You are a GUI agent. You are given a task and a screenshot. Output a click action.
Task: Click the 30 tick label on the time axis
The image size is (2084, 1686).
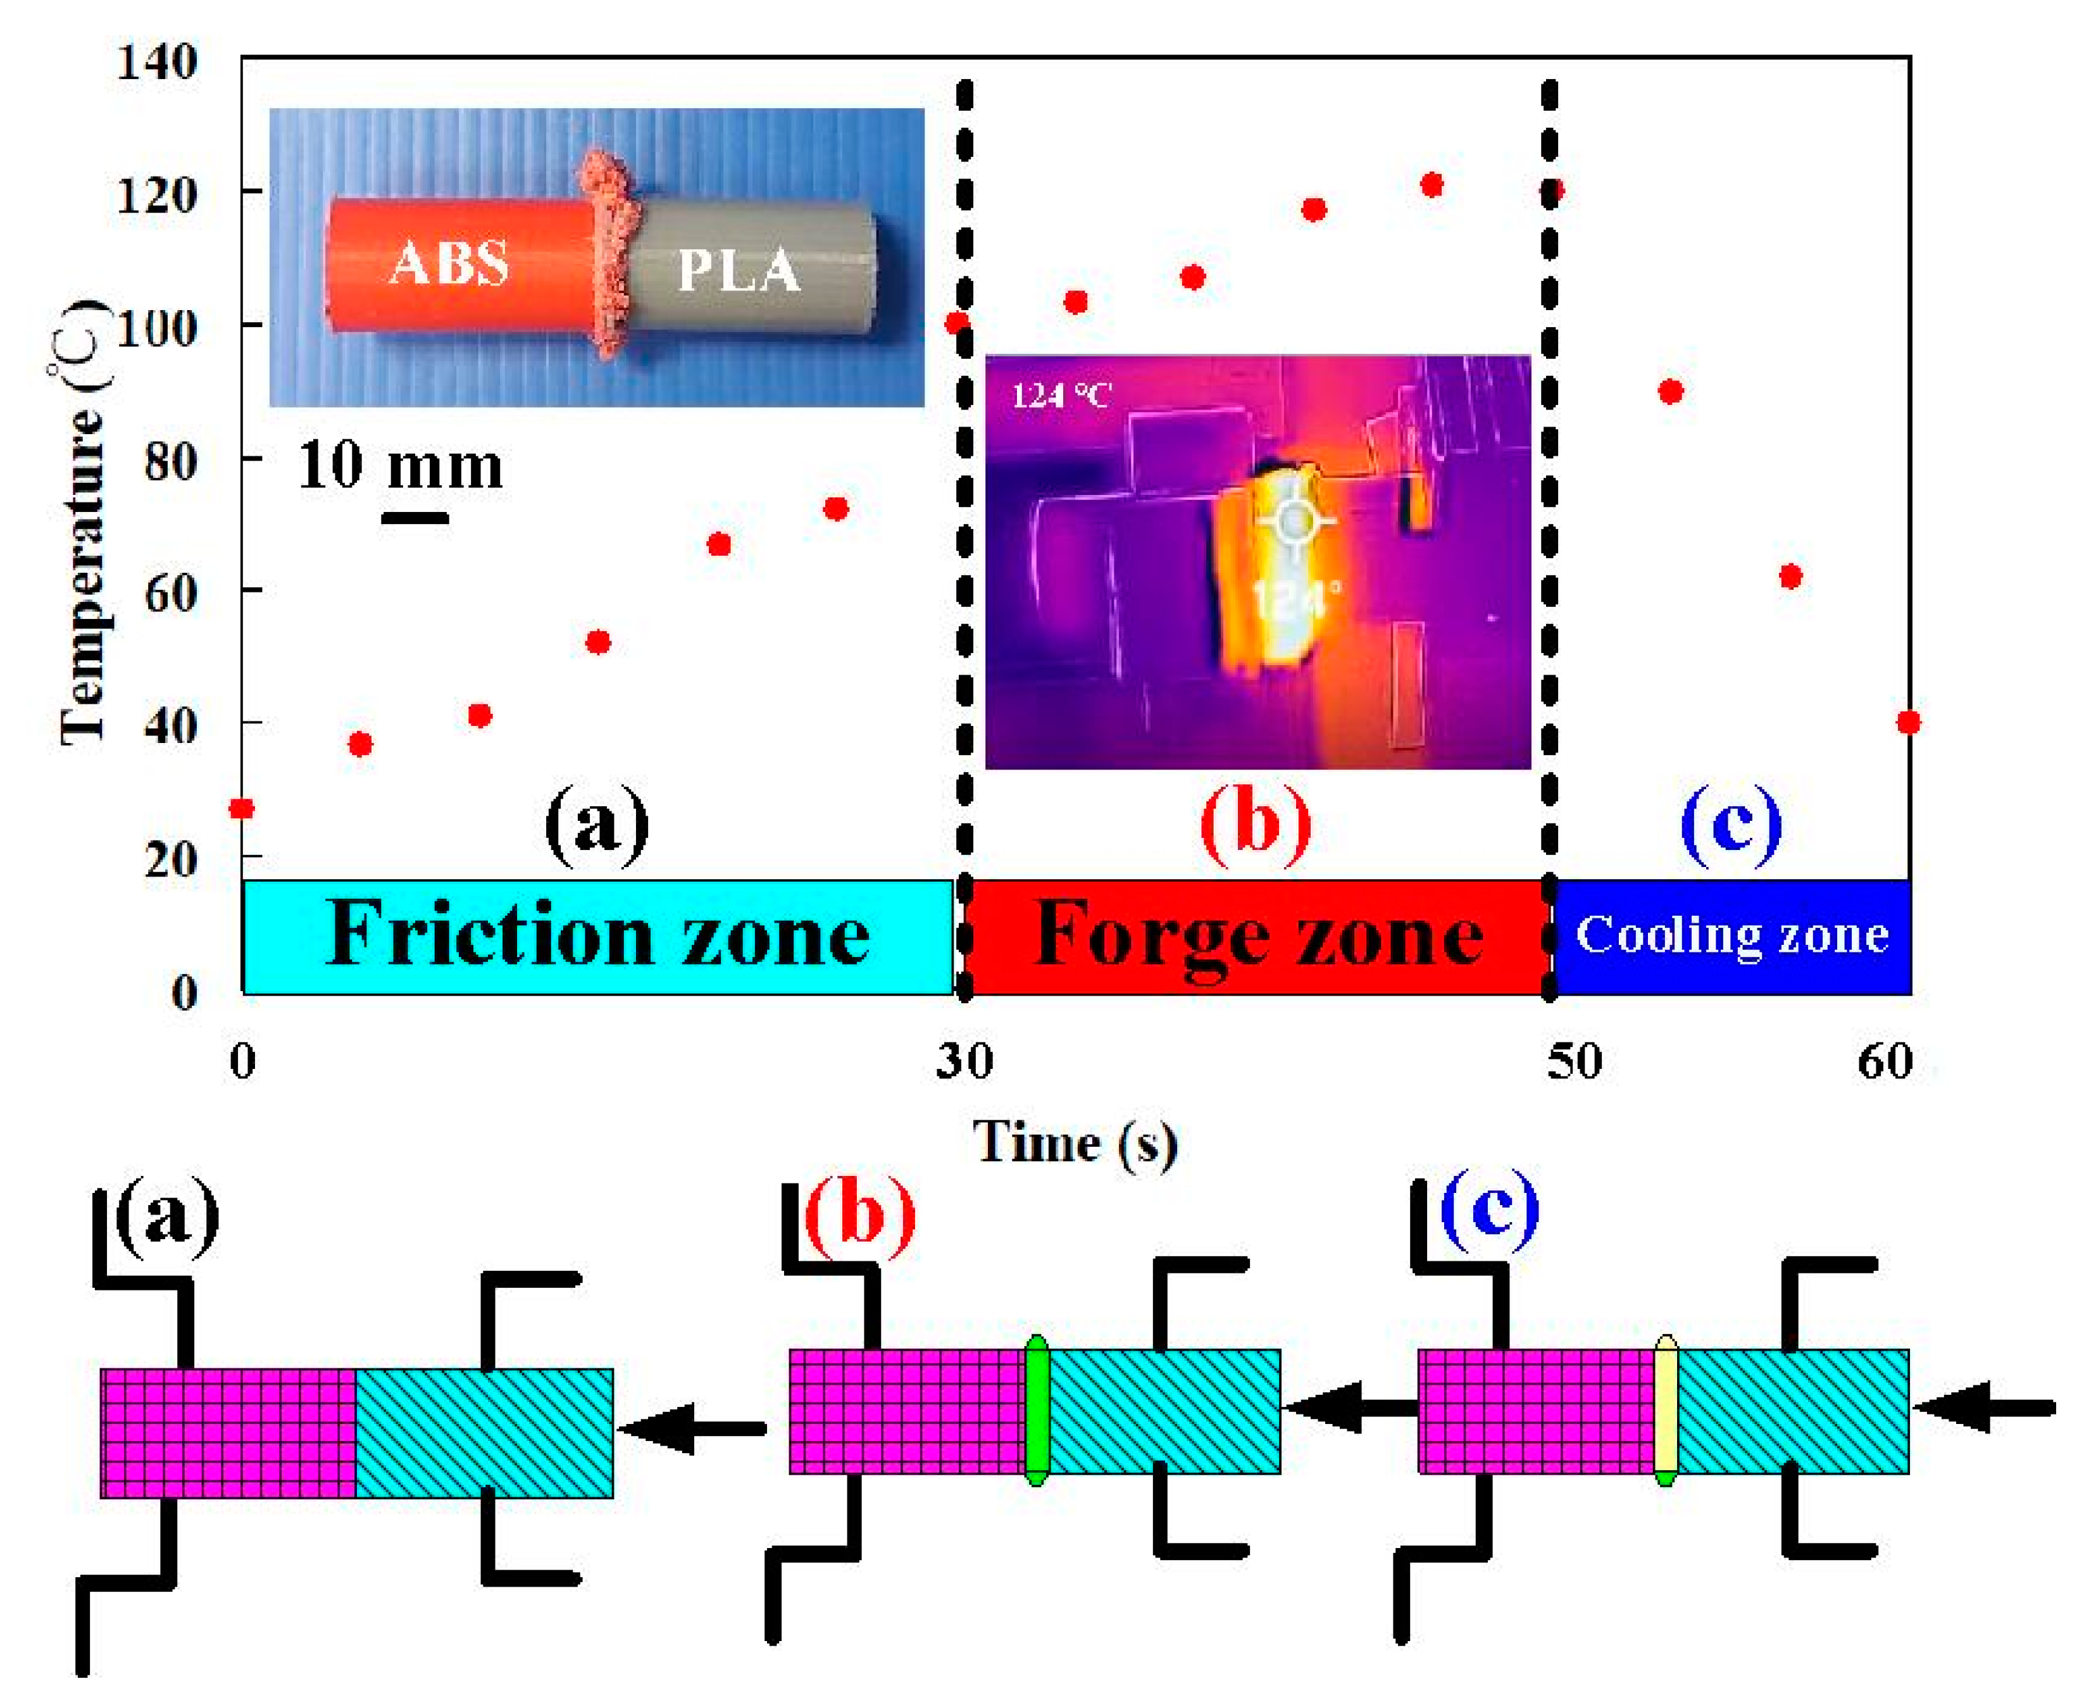(964, 1061)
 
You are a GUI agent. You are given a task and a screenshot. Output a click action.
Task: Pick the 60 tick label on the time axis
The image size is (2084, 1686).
(1885, 1061)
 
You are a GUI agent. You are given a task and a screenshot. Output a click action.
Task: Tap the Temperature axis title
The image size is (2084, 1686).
(82, 525)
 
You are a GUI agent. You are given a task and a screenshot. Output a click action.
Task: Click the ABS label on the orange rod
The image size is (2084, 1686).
(449, 263)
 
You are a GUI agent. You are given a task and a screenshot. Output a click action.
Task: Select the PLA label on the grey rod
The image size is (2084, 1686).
(738, 270)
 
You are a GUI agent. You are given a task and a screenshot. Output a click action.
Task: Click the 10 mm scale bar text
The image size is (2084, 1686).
(400, 466)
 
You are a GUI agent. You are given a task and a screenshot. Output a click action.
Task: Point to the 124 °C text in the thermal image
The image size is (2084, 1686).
(1061, 396)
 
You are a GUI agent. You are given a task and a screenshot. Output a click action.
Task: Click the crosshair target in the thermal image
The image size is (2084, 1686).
(1294, 521)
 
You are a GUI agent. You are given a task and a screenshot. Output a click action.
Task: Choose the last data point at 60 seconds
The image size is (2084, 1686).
(1908, 721)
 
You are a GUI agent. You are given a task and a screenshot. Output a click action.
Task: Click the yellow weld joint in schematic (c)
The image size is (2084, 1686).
(1666, 1410)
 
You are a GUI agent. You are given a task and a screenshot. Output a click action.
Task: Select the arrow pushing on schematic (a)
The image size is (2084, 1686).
(692, 1428)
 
